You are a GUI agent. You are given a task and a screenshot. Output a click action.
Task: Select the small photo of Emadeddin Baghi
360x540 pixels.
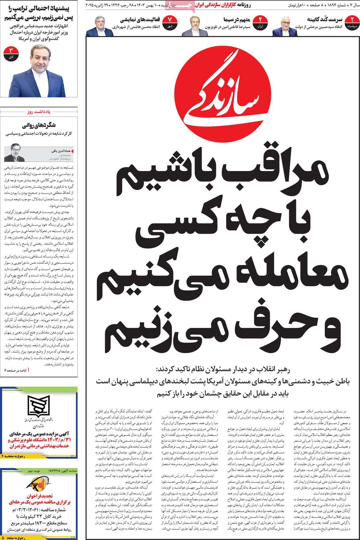(x=14, y=152)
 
